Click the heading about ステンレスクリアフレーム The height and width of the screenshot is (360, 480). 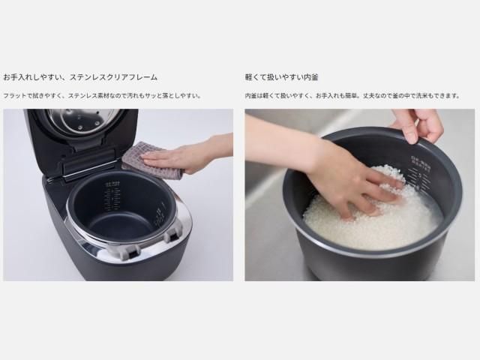[80, 77]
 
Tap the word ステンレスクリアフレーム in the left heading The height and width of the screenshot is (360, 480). [113, 77]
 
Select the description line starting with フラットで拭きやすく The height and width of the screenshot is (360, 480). [102, 96]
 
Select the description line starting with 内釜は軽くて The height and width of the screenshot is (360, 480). [352, 96]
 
